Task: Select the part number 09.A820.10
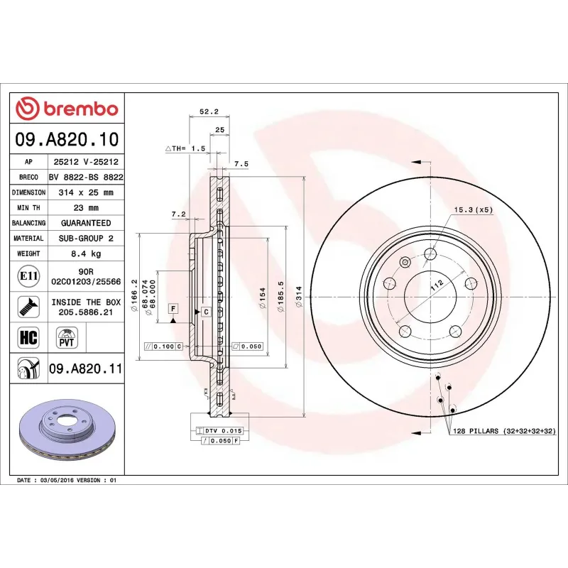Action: pyautogui.click(x=67, y=140)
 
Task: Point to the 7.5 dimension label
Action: pyautogui.click(x=241, y=164)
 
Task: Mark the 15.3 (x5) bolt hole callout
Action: pyautogui.click(x=474, y=210)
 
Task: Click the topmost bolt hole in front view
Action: pyautogui.click(x=430, y=254)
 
